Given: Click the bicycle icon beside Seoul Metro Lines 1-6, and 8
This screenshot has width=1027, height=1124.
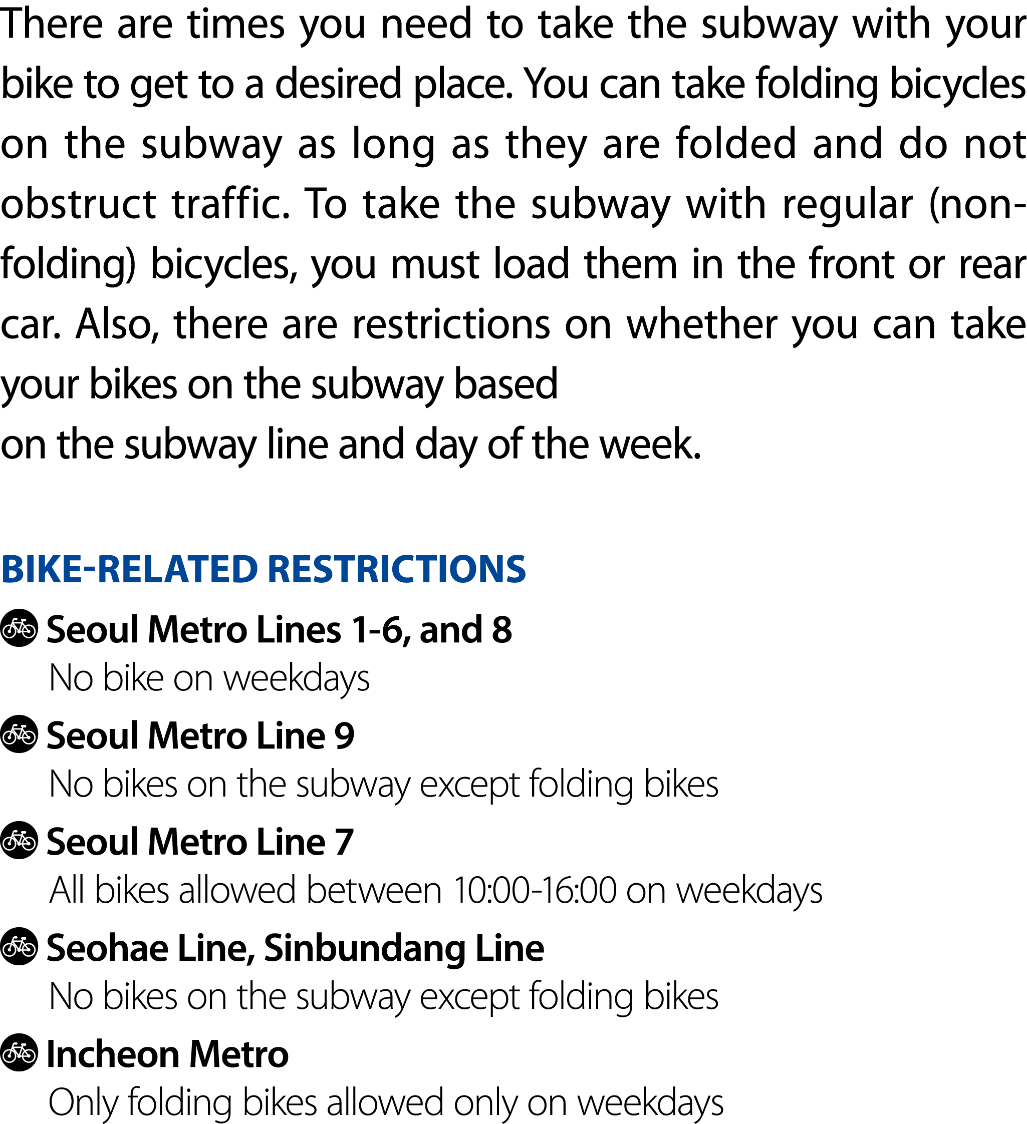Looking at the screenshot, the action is tap(20, 628).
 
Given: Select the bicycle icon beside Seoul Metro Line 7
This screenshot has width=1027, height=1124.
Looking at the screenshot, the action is tap(20, 840).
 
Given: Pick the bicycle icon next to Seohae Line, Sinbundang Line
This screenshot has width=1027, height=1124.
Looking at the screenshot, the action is tap(20, 946).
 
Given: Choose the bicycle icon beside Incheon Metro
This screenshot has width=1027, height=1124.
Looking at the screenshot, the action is tap(20, 1052).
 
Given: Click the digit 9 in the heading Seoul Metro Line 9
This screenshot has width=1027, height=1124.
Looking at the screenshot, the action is tap(344, 736).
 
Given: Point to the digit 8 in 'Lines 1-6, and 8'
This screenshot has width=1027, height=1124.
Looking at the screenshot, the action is tap(501, 630).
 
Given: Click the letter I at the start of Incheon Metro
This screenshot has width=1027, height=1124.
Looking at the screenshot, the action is tap(51, 1055).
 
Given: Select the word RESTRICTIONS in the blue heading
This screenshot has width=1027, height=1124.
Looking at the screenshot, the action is tap(397, 569).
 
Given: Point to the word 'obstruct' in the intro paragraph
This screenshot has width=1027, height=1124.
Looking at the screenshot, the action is tap(78, 204).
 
